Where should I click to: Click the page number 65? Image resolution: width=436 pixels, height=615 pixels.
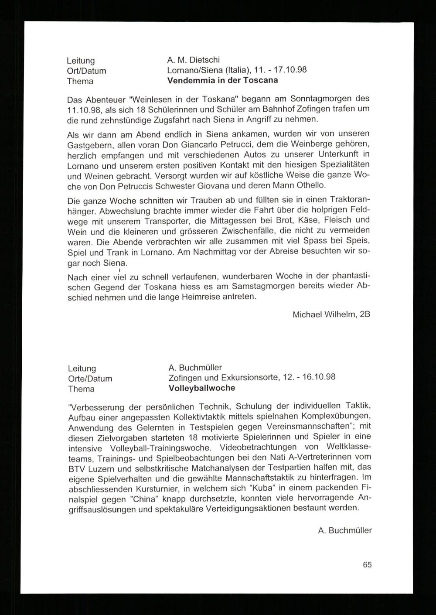click(367, 564)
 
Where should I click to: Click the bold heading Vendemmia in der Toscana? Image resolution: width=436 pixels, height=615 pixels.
click(222, 81)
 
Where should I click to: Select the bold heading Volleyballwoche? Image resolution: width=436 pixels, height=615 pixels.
click(201, 388)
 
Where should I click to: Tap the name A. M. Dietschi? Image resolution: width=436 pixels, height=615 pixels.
click(194, 60)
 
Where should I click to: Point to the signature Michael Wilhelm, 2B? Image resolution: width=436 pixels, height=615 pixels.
click(331, 314)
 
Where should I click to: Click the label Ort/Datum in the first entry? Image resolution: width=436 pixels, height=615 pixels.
click(86, 71)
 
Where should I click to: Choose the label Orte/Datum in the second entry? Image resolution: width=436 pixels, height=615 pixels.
click(90, 379)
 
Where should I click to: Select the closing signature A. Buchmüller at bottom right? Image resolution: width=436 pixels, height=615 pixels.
click(345, 531)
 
